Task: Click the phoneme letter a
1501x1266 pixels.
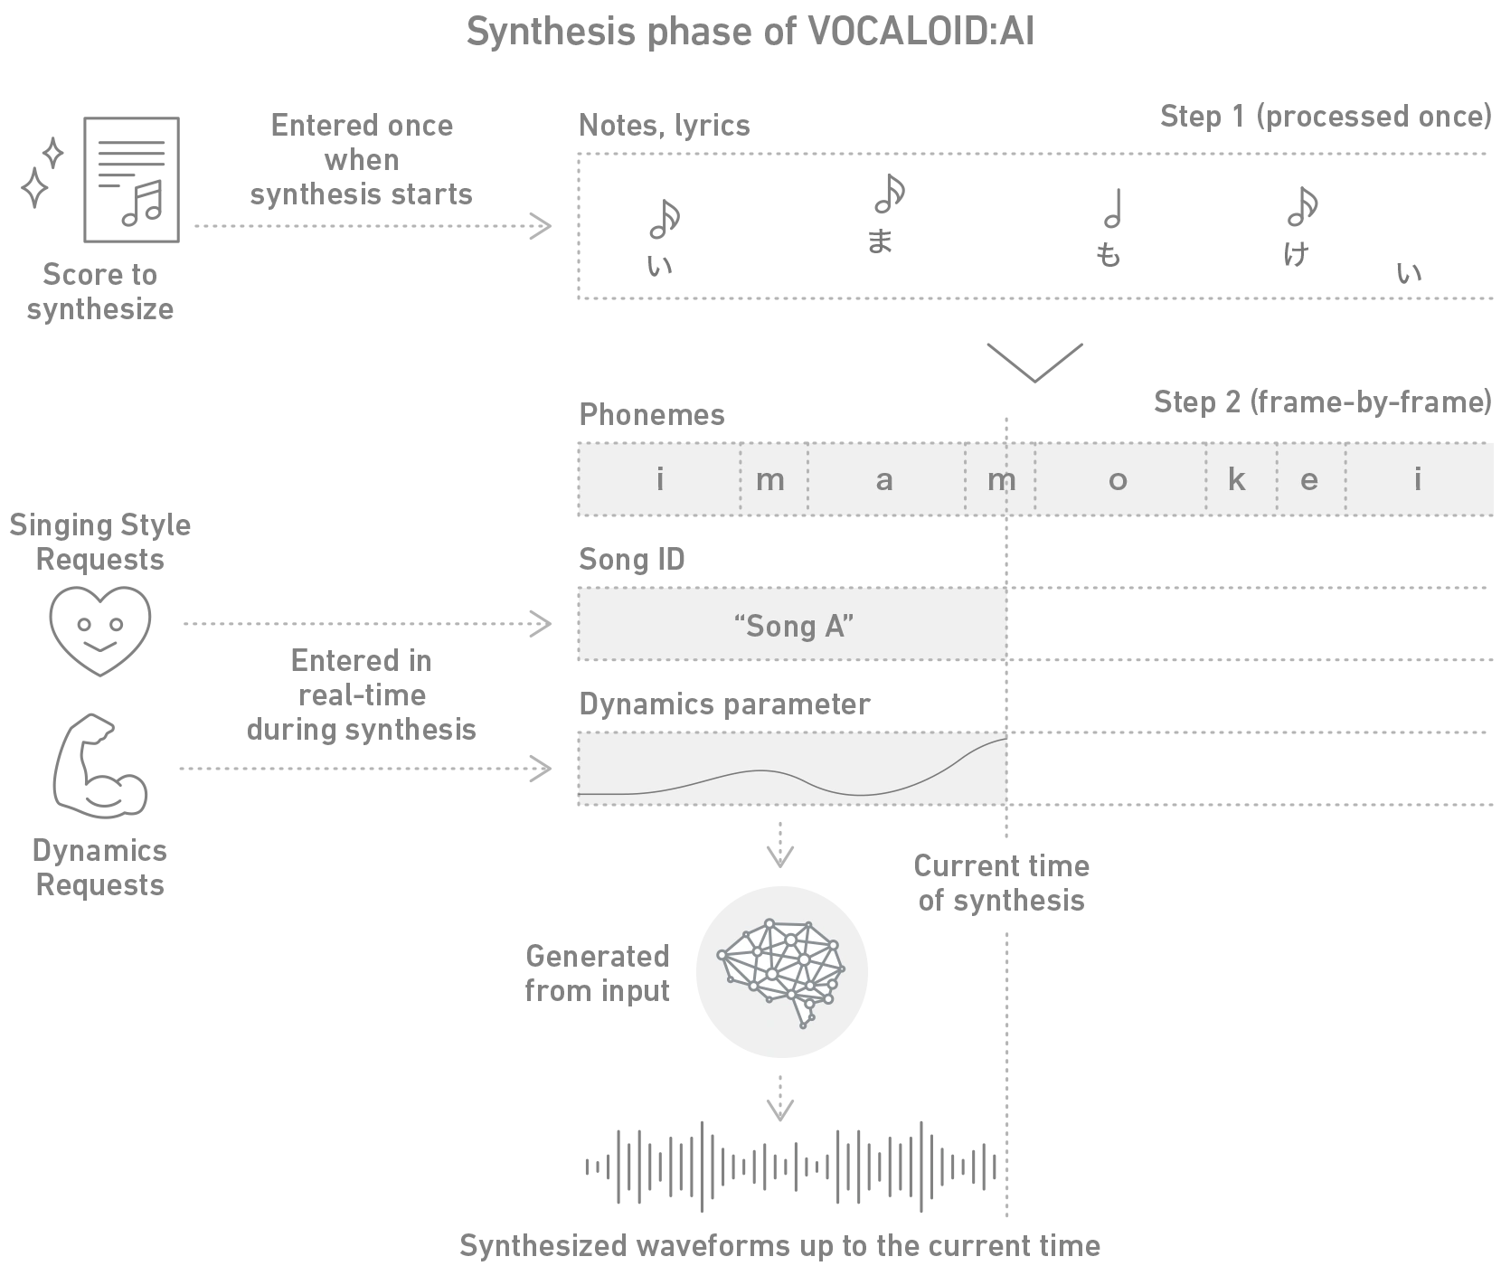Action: coord(884,480)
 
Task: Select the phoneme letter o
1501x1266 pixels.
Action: coord(1118,480)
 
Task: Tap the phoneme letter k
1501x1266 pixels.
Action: coord(1236,480)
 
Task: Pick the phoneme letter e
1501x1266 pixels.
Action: coord(1308,480)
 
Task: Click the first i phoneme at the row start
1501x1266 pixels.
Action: coord(660,480)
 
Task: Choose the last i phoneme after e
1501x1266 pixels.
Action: coord(1418,480)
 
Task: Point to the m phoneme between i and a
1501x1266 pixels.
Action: coord(770,480)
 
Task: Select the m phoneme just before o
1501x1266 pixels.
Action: coord(1000,480)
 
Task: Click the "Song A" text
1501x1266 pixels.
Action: coord(794,626)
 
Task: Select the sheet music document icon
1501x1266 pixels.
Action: coord(130,180)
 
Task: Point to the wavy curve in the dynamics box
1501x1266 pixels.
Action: coord(792,776)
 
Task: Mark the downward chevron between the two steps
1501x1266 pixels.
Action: coord(1034,360)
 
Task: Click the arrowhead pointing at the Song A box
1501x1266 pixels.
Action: coord(544,625)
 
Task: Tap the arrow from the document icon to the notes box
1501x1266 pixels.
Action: coord(371,228)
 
